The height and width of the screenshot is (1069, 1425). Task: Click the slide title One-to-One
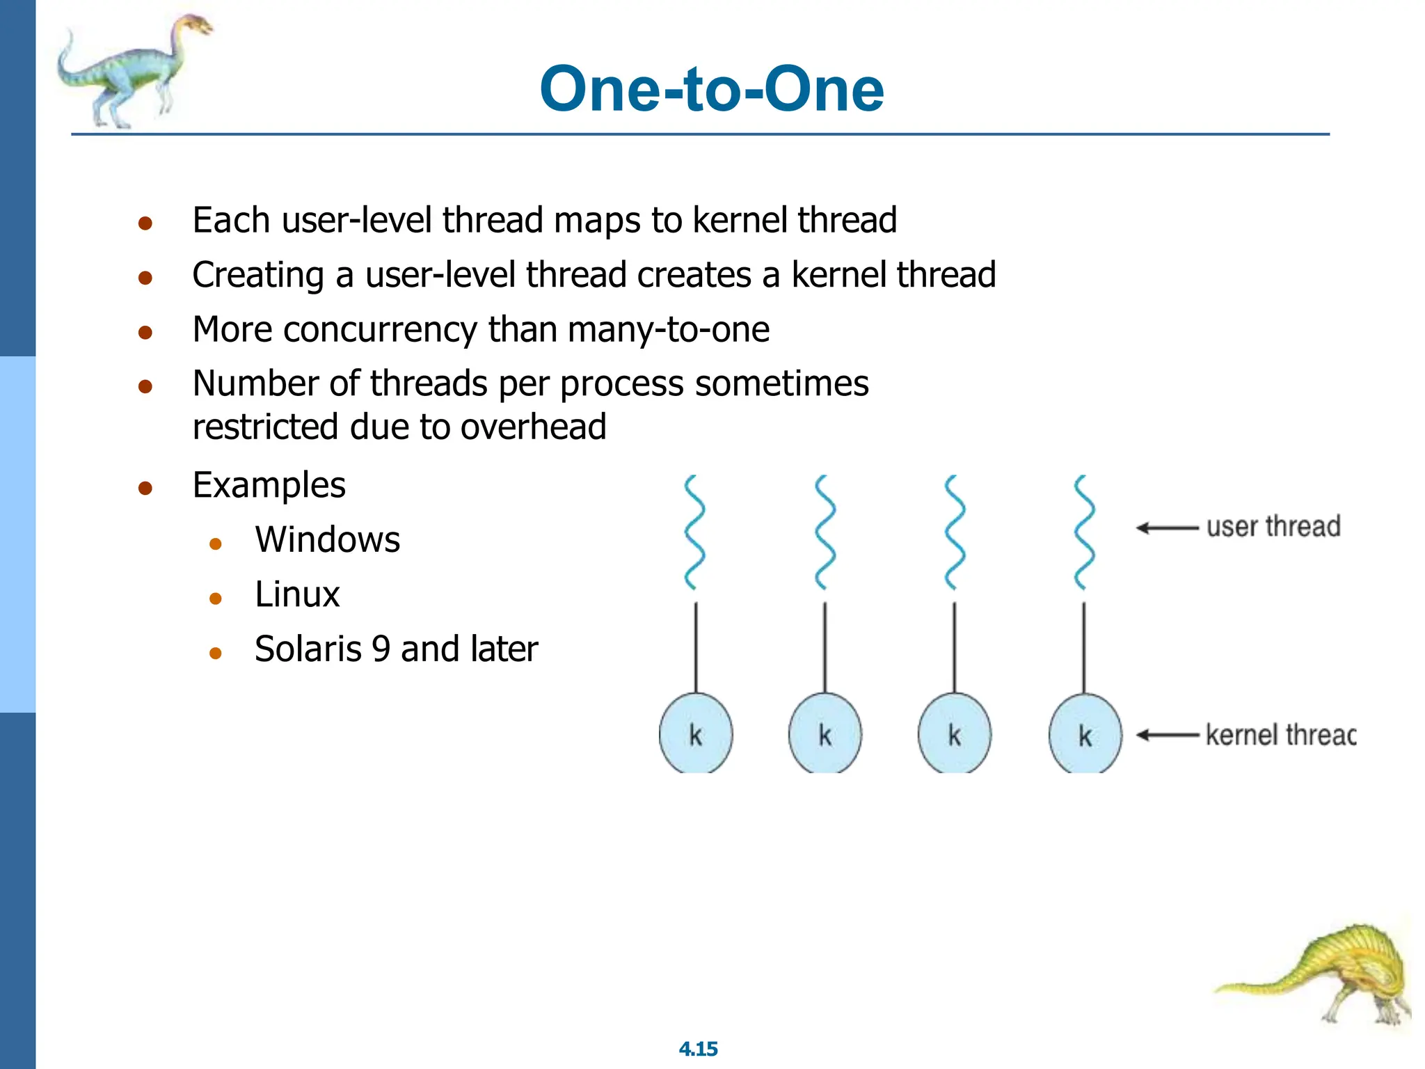pyautogui.click(x=711, y=89)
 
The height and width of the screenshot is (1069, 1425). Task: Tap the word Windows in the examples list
pyautogui.click(x=327, y=539)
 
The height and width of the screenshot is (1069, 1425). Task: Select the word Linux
pyautogui.click(x=297, y=594)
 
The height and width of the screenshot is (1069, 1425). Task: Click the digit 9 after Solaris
pyautogui.click(x=381, y=649)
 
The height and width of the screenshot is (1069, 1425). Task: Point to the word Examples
pyautogui.click(x=269, y=485)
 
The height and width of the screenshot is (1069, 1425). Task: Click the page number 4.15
pyautogui.click(x=698, y=1049)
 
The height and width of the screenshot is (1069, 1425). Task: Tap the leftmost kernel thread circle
pyautogui.click(x=695, y=734)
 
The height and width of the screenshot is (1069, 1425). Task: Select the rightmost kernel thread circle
pyautogui.click(x=1085, y=735)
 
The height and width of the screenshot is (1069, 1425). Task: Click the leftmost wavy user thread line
pyautogui.click(x=694, y=532)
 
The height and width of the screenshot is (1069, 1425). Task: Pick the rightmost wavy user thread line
pyautogui.click(x=1084, y=532)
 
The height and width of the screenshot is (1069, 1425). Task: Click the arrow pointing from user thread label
pyautogui.click(x=1167, y=528)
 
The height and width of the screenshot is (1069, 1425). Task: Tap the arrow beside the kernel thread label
pyautogui.click(x=1167, y=735)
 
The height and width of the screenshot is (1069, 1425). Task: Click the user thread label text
pyautogui.click(x=1273, y=527)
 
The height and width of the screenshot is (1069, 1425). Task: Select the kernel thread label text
pyautogui.click(x=1280, y=735)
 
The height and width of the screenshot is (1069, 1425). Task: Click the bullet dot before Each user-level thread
pyautogui.click(x=145, y=223)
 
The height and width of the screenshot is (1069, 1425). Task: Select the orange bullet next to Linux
pyautogui.click(x=216, y=598)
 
